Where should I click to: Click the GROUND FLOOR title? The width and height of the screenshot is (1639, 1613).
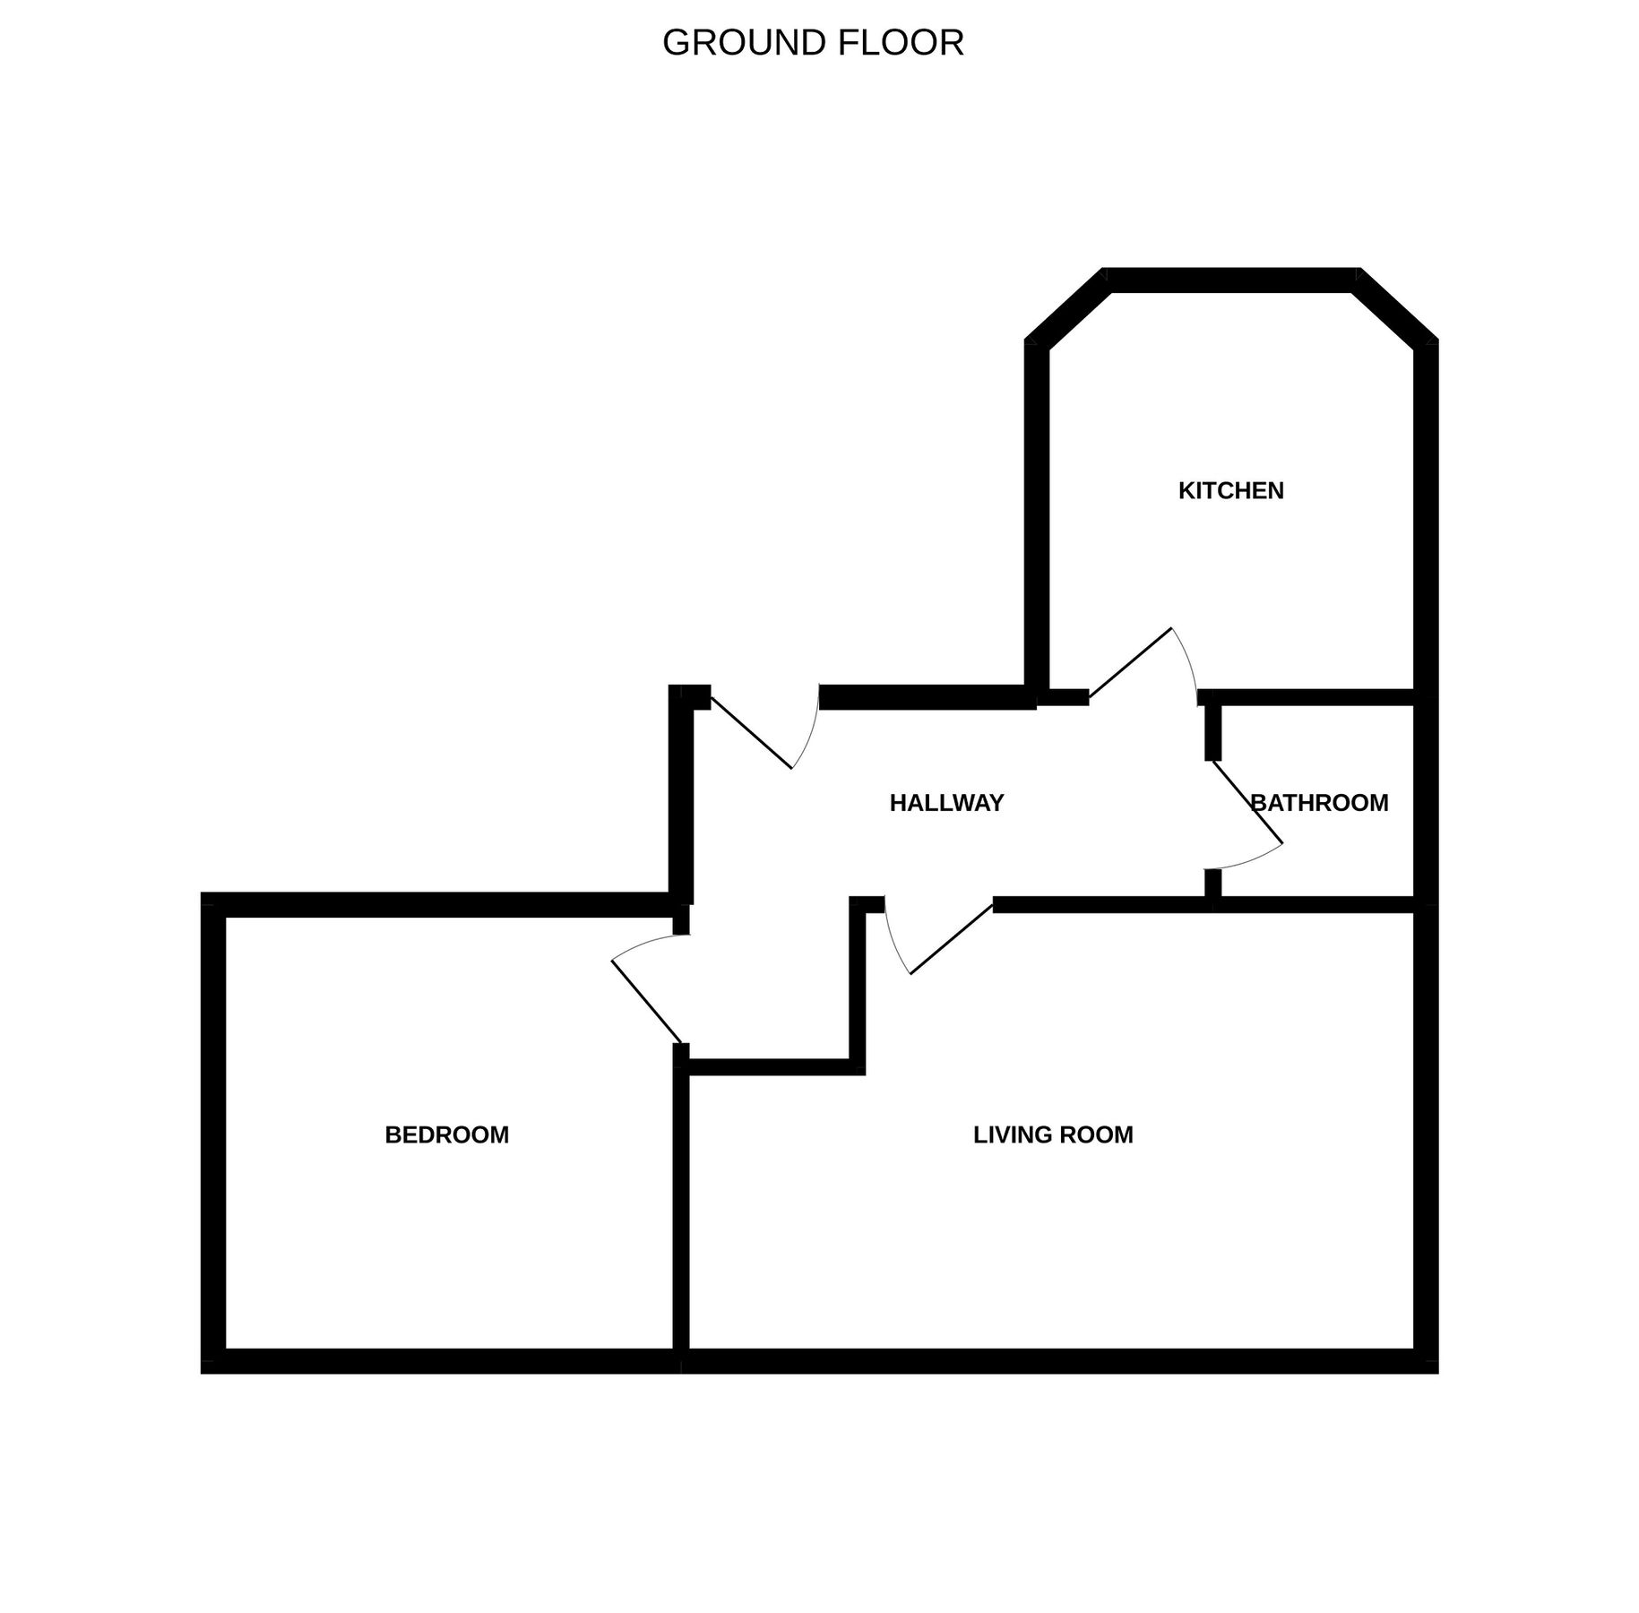[x=813, y=43]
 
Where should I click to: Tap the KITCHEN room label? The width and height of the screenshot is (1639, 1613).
[x=1230, y=491]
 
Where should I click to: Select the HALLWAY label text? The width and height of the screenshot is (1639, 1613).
[x=946, y=804]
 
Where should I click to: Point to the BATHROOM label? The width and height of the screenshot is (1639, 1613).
[x=1319, y=803]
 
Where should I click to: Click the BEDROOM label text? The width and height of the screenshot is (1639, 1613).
[x=446, y=1135]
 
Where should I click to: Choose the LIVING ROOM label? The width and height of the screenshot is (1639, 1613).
[x=1053, y=1135]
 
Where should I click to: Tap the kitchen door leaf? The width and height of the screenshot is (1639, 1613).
[x=1130, y=661]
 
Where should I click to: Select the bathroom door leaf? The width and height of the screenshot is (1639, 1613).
[x=1247, y=802]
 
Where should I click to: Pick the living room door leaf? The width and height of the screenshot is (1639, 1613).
[x=952, y=939]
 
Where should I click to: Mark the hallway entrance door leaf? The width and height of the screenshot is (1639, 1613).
[x=751, y=732]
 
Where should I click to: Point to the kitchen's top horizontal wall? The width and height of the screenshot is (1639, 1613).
[x=1231, y=280]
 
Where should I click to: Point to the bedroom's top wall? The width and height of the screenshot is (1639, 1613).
[x=439, y=904]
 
